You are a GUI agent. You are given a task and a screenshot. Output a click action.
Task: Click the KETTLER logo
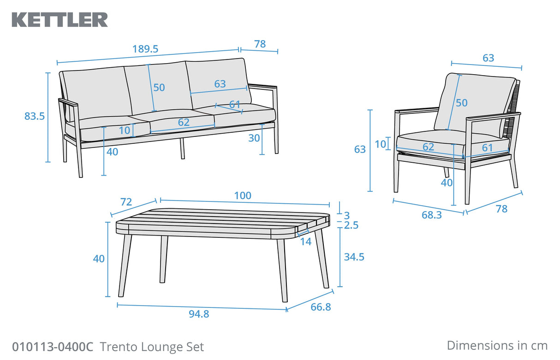click(60, 19)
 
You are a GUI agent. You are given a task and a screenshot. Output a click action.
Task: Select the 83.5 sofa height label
click(35, 117)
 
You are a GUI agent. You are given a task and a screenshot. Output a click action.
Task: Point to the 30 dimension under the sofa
click(254, 138)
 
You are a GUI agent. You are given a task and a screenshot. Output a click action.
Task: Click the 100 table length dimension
click(243, 195)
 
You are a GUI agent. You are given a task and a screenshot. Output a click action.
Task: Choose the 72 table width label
click(126, 202)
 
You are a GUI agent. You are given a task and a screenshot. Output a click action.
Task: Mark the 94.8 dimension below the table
click(199, 314)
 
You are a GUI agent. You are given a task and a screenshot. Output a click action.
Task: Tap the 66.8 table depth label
click(321, 307)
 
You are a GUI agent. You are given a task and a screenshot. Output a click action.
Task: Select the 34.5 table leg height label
click(354, 257)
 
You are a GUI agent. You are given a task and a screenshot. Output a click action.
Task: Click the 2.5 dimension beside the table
click(351, 225)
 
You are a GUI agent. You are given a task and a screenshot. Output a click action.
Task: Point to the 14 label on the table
click(305, 241)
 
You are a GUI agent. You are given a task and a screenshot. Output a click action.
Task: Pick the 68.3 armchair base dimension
click(431, 215)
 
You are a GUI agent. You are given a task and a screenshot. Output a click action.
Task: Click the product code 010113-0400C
click(53, 346)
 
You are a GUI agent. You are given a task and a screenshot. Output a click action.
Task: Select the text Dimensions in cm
click(497, 345)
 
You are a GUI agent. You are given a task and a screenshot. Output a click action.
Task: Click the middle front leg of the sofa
click(182, 148)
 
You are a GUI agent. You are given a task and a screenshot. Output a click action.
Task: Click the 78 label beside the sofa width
click(260, 44)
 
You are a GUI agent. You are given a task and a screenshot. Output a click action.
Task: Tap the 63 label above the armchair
click(488, 58)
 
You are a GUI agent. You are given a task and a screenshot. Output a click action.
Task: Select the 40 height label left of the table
click(99, 259)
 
